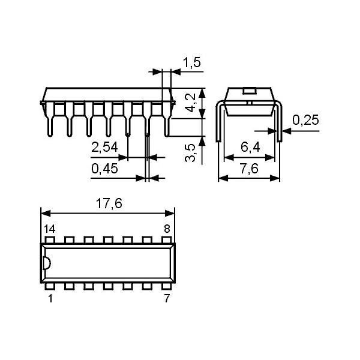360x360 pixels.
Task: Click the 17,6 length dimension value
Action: coord(109,204)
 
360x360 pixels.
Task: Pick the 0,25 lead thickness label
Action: coord(305,121)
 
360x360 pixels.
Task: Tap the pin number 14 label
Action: coord(50,229)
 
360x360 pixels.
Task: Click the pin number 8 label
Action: coord(167,229)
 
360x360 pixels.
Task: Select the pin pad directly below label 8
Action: coord(166,240)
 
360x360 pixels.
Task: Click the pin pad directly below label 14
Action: coord(50,240)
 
